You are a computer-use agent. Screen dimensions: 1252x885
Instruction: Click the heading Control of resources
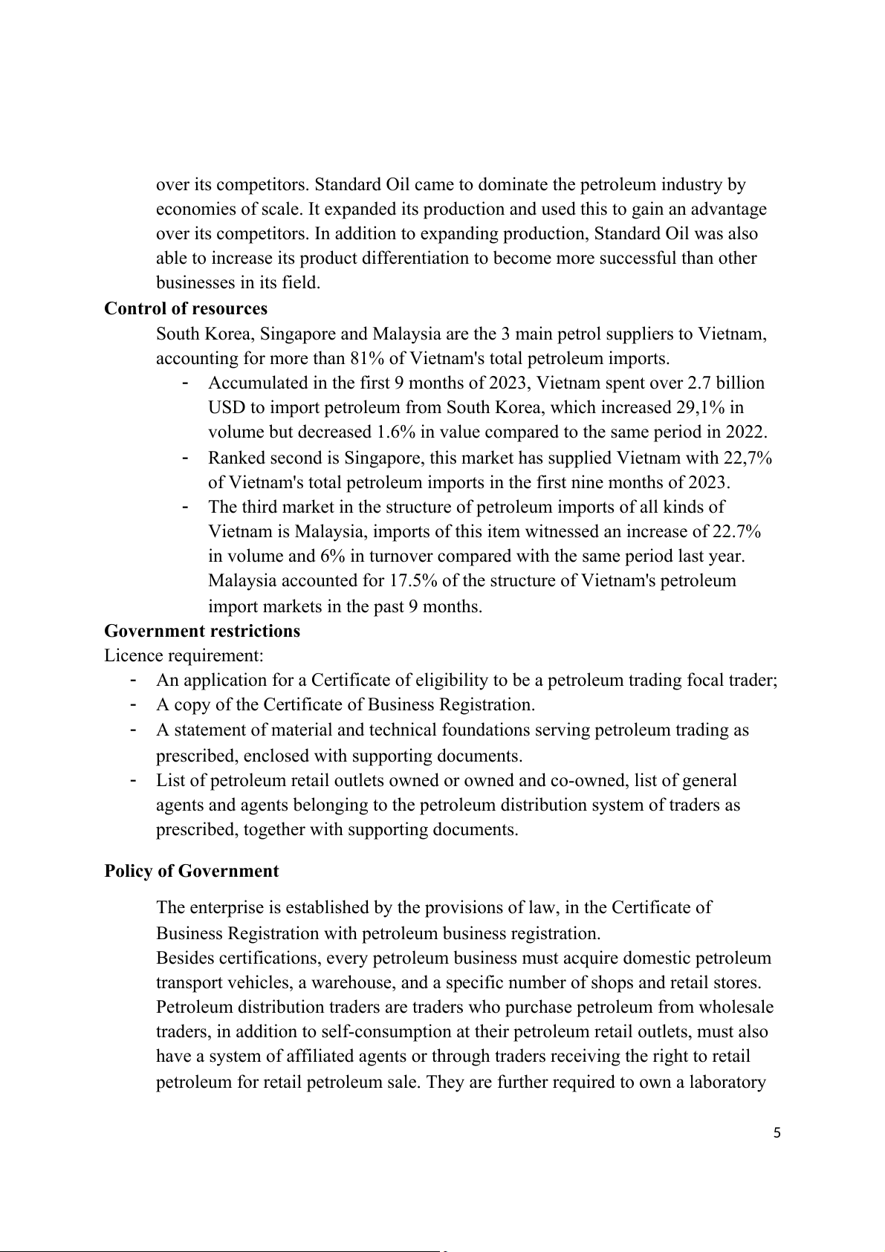(x=185, y=308)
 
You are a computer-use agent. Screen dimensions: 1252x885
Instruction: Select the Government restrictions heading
(x=202, y=631)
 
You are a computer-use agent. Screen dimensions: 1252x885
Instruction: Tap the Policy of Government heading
(x=191, y=871)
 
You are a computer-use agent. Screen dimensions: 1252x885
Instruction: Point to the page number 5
(x=777, y=1132)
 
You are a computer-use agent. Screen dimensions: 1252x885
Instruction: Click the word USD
(x=224, y=407)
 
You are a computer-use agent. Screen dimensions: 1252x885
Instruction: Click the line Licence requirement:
(x=184, y=655)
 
